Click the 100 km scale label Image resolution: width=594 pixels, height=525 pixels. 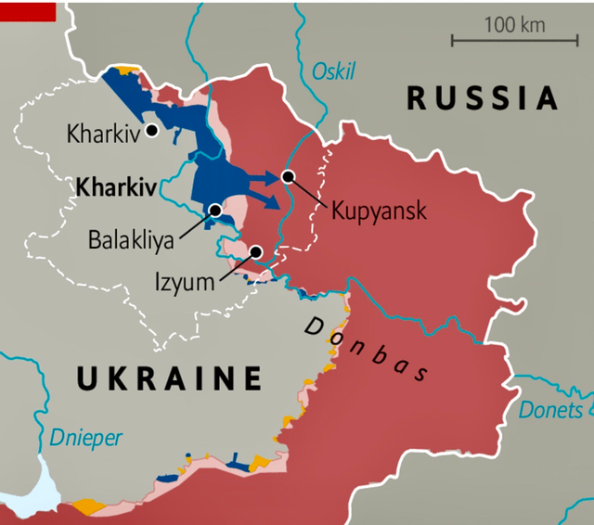(x=514, y=24)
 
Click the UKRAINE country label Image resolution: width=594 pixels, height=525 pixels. (x=169, y=378)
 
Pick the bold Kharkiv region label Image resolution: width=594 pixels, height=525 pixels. (x=116, y=187)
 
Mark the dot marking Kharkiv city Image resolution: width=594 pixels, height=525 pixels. (x=150, y=131)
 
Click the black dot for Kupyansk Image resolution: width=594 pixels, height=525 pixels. (x=288, y=176)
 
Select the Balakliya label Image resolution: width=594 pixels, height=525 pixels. (x=131, y=238)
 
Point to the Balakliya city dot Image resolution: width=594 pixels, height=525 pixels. (x=215, y=211)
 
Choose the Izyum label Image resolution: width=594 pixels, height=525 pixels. (x=184, y=280)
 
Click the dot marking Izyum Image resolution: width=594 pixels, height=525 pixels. (x=255, y=251)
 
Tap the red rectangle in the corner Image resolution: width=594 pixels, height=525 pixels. (x=28, y=11)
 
